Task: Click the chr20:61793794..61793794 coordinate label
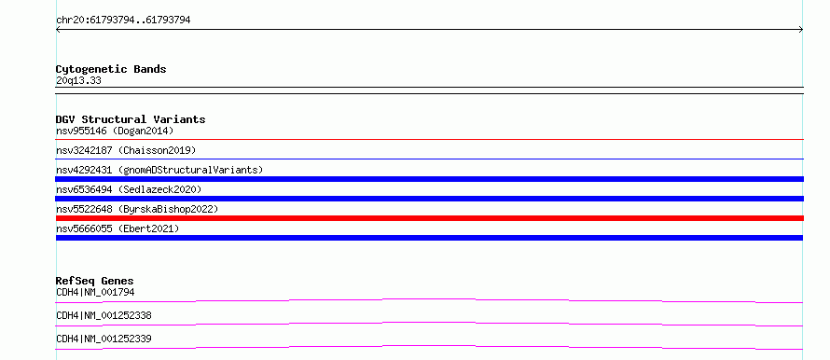(123, 21)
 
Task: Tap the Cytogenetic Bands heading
(111, 69)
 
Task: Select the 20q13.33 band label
(78, 81)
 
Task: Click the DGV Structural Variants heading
(131, 119)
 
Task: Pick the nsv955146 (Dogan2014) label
(115, 131)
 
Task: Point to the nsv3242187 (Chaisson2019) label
(126, 150)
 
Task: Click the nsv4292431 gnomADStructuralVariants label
(159, 170)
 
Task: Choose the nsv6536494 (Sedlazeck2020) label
(129, 189)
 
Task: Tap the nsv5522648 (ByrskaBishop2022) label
(137, 209)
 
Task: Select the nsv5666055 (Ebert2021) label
(118, 228)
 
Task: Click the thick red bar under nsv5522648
(429, 218)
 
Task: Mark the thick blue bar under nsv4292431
(429, 179)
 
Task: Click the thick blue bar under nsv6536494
(429, 199)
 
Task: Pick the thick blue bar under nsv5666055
(429, 238)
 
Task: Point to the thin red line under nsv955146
(429, 139)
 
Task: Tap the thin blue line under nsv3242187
(429, 159)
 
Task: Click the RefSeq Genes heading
(95, 281)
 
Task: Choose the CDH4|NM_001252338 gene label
(104, 315)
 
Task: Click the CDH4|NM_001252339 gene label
(104, 339)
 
